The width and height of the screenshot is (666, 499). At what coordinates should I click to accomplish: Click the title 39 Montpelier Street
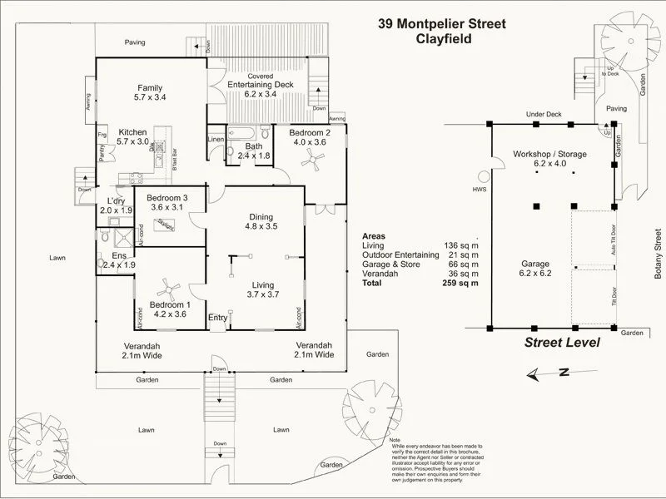[441, 23]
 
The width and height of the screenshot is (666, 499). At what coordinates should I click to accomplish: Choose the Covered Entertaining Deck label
[258, 89]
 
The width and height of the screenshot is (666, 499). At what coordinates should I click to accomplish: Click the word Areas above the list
[375, 236]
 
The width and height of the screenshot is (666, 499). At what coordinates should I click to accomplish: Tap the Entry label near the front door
[217, 318]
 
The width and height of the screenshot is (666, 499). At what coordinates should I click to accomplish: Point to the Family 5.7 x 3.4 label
[150, 93]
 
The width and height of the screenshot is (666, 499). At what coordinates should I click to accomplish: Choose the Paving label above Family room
[135, 42]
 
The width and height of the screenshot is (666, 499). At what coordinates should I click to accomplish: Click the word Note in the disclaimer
[395, 440]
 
